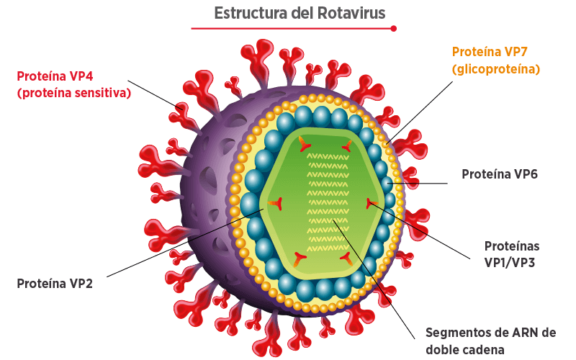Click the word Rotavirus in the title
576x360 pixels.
351,13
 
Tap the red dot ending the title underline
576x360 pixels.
393,28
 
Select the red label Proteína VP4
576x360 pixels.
55,76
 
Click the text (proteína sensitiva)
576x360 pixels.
74,93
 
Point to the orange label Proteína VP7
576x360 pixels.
490,52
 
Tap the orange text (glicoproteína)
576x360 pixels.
496,69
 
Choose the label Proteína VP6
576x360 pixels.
500,174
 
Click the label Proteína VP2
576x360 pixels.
55,284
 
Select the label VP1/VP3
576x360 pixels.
510,263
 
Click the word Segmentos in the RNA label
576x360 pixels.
456,333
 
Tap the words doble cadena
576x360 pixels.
465,350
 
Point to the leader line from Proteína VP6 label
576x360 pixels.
418,183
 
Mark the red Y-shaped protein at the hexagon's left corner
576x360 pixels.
276,203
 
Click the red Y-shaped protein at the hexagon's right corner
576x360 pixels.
372,203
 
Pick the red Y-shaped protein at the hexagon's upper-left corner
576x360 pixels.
305,144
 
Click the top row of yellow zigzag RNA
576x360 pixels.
328,157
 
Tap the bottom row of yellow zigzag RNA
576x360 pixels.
328,248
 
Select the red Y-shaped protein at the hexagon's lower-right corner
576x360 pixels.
346,258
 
